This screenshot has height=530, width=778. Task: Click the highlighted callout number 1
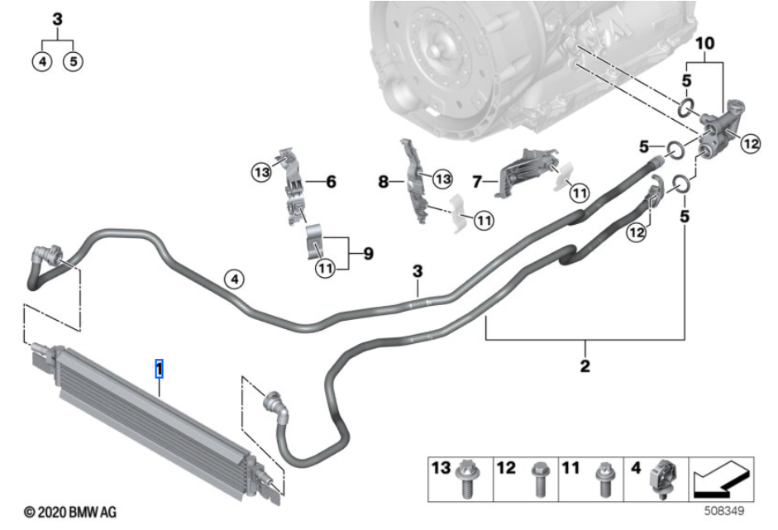(160, 368)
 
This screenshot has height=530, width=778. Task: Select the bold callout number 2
(585, 365)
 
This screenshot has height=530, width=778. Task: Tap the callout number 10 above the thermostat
(704, 42)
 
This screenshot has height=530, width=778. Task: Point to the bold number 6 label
(331, 181)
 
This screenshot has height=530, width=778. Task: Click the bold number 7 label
(478, 181)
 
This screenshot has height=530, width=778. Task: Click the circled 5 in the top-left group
(73, 60)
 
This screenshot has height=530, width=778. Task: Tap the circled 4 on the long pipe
(235, 280)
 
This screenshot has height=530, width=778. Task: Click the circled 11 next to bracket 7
(579, 193)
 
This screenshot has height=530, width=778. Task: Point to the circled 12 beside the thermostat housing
(749, 144)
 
